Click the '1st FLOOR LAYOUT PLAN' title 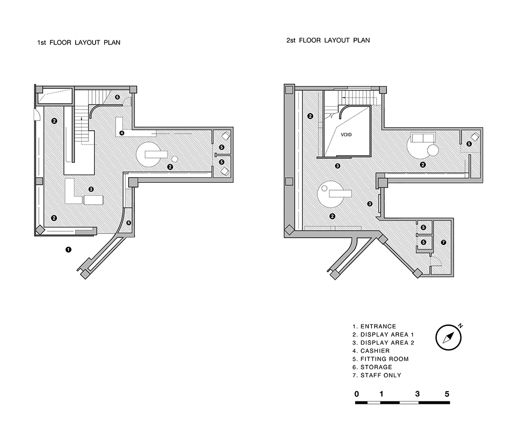[79, 42]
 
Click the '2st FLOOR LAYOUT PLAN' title [328, 40]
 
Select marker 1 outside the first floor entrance [68, 250]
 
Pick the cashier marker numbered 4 [122, 133]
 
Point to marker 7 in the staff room [443, 242]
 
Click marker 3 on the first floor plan [91, 189]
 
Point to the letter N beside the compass [460, 325]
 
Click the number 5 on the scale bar [447, 394]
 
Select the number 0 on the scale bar [356, 394]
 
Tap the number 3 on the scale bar [417, 394]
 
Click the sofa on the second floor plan [423, 138]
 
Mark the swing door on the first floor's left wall [36, 115]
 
